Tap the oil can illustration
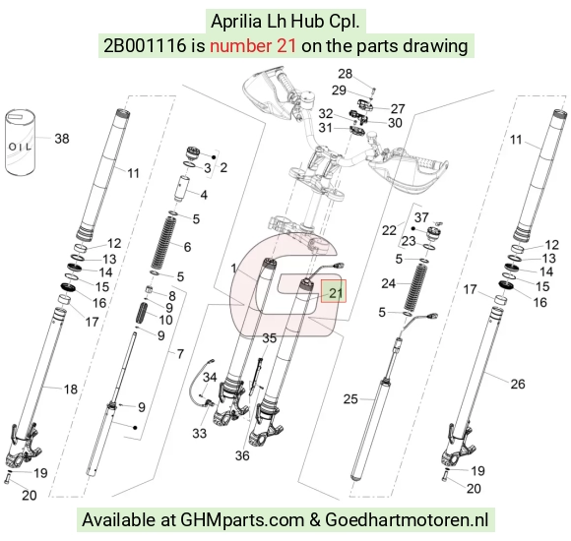coord(20,143)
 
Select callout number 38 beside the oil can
coord(62,139)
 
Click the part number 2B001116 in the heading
coord(145,46)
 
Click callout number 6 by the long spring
coord(187,247)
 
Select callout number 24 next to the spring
coord(389,283)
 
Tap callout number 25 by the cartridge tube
coord(350,399)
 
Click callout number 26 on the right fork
coord(518,384)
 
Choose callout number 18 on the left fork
coord(71,390)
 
